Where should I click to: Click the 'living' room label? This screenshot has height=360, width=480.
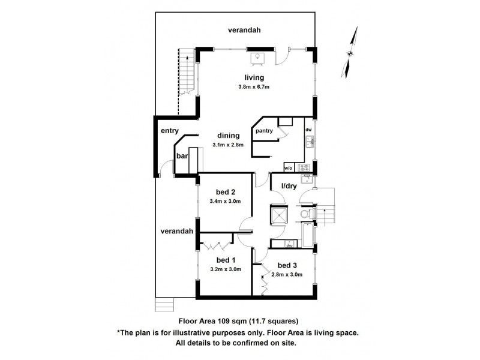tap(254, 77)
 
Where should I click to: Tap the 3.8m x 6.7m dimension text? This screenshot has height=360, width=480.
tap(254, 87)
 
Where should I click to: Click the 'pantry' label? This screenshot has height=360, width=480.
tap(264, 131)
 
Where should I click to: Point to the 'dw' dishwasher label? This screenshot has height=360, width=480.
tap(308, 130)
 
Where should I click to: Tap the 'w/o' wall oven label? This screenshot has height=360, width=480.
tap(288, 168)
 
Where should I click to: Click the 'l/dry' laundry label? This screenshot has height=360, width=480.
tap(289, 186)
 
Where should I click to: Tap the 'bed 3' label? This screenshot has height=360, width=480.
tap(287, 265)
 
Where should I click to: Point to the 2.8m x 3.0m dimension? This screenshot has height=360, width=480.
tap(287, 274)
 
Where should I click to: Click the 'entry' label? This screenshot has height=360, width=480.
tap(170, 131)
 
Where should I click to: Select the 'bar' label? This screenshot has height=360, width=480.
tap(182, 156)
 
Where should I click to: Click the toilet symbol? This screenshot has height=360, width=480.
tap(305, 214)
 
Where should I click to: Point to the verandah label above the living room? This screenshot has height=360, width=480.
tap(247, 30)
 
